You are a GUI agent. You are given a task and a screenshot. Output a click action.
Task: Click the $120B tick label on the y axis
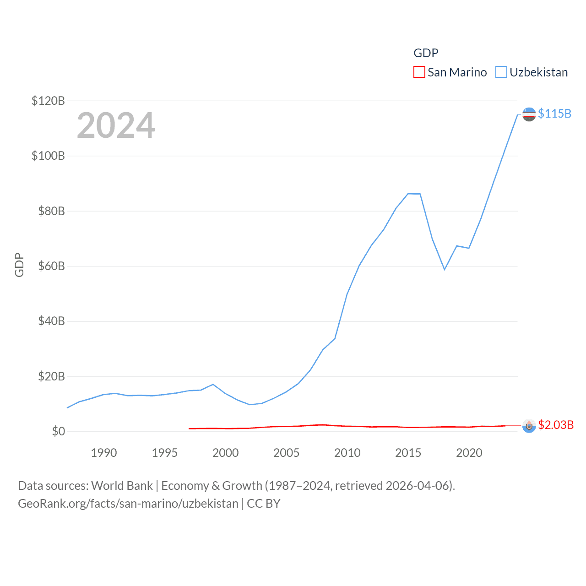48,101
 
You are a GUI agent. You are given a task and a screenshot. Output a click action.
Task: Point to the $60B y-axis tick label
51,266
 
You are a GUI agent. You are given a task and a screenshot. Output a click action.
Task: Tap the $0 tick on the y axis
58,432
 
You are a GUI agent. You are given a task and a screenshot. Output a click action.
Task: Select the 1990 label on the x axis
104,453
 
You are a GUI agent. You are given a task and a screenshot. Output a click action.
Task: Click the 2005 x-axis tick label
286,453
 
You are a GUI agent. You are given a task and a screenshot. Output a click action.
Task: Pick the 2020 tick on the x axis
469,453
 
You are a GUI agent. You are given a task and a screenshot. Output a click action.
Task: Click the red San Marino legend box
419,72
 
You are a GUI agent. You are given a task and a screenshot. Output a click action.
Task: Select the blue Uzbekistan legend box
501,72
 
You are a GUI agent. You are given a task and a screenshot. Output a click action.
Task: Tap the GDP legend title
426,53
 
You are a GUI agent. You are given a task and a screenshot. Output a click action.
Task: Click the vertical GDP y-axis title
19,265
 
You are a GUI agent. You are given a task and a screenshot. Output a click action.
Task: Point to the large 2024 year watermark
116,125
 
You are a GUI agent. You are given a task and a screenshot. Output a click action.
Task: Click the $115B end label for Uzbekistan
554,114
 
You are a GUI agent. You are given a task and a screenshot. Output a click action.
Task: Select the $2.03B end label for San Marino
556,425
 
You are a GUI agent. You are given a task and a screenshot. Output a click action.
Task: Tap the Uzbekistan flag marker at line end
529,114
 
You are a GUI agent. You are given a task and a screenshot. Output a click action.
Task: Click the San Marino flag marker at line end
529,426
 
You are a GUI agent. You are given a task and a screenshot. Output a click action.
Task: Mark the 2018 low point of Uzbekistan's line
445,269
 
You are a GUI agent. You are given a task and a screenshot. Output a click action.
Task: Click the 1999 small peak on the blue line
213,385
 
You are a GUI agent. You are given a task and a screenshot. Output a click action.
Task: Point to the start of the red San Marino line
189,429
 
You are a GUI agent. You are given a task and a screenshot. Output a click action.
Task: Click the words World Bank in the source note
122,485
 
